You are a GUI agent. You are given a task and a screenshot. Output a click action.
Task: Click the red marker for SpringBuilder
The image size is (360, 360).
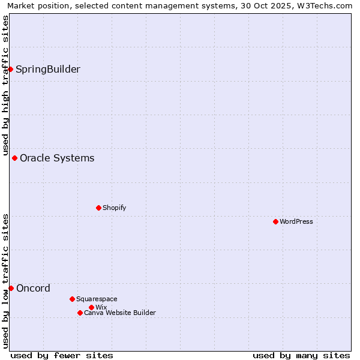pos(10,69)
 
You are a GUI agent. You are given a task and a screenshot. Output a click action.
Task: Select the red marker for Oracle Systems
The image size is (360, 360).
pos(14,158)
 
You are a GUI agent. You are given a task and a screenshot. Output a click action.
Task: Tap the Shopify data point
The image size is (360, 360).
pos(98,208)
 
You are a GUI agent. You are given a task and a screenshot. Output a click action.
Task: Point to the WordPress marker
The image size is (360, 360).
pos(275,221)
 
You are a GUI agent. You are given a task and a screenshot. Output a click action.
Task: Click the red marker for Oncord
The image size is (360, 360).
pos(11,288)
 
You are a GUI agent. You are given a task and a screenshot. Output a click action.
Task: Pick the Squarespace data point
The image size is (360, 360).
pos(72,299)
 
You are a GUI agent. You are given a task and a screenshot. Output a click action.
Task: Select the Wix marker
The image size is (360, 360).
pos(91,307)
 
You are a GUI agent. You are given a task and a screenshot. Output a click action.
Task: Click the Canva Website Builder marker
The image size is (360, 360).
pos(80,313)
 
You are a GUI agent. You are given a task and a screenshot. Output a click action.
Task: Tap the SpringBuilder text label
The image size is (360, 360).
pos(48,69)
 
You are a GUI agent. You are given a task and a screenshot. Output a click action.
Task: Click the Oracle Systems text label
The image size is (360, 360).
pos(57,158)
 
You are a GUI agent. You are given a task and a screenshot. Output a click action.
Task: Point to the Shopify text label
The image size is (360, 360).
pos(114,208)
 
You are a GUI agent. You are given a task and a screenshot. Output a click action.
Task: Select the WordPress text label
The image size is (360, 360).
pos(296,221)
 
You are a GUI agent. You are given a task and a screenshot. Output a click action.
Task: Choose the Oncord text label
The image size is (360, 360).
pos(33,288)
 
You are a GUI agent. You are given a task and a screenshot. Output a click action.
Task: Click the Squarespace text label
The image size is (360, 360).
pos(97,299)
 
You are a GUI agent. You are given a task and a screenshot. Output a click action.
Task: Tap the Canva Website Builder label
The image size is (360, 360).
pos(120,313)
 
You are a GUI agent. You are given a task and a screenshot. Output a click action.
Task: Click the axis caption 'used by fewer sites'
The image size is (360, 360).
pos(62,355)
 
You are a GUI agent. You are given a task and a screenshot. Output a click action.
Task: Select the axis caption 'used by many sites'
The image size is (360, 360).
pos(301,355)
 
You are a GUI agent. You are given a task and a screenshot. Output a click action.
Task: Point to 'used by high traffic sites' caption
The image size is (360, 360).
pos(5,86)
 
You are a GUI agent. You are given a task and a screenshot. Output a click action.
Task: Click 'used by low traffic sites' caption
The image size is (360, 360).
pos(5,281)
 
